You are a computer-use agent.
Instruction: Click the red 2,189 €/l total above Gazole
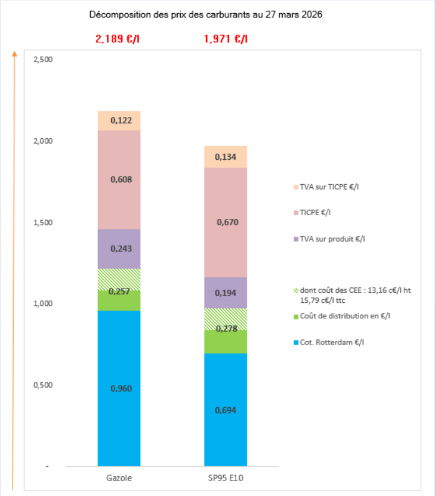click(x=119, y=39)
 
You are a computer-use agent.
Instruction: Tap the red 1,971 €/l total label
click(x=226, y=39)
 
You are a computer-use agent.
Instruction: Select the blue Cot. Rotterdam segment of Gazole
click(x=119, y=387)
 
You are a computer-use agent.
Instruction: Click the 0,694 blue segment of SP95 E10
click(x=226, y=410)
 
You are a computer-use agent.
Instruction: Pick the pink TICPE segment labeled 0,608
click(x=119, y=179)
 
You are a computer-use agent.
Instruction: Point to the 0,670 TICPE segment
click(x=226, y=222)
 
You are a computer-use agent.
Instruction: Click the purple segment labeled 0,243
click(x=119, y=249)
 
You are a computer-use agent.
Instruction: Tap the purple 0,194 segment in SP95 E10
click(x=226, y=293)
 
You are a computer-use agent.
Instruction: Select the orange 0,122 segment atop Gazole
click(x=119, y=120)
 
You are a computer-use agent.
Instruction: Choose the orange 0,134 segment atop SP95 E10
click(x=226, y=157)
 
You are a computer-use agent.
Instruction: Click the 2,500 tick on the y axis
click(x=44, y=60)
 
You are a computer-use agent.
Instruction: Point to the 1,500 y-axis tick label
click(x=44, y=222)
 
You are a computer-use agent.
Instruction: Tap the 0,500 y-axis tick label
click(x=44, y=385)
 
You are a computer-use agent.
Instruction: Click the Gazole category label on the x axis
click(x=119, y=478)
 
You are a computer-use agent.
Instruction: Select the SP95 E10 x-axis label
click(x=226, y=478)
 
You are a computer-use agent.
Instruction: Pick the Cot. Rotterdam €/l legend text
click(x=335, y=342)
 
